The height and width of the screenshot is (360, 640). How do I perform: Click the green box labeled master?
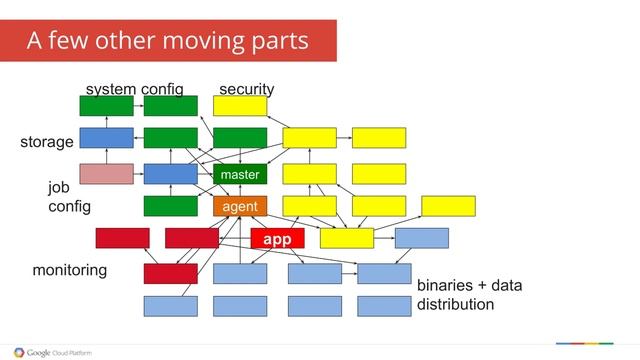(240, 175)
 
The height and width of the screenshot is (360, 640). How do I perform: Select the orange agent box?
(240, 207)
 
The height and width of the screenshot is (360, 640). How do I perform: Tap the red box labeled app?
(276, 240)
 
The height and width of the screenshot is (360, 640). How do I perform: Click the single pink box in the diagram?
(106, 174)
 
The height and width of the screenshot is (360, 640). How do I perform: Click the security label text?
(246, 89)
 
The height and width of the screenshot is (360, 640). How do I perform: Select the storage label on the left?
(47, 142)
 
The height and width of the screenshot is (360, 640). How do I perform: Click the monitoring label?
(70, 271)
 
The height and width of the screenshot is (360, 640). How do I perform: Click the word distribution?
(456, 304)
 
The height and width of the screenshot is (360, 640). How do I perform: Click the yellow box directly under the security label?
(240, 106)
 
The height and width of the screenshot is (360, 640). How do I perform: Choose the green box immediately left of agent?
(170, 207)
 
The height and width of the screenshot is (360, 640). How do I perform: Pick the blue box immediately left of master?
(170, 174)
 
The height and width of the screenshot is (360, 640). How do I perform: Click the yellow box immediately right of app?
(346, 238)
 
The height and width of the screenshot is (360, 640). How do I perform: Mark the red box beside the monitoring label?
(170, 273)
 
